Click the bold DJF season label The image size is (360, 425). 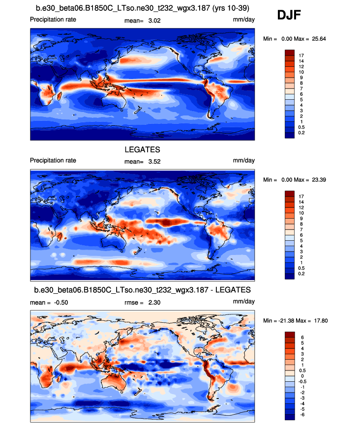tap(290, 16)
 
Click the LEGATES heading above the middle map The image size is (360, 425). tap(143, 149)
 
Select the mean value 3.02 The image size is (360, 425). tap(154, 21)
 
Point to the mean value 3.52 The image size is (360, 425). tap(154, 161)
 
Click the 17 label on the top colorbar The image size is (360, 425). tap(301, 55)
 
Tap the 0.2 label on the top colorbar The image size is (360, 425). tap(301, 133)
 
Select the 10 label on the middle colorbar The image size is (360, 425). tap(301, 213)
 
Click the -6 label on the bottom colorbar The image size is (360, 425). tap(302, 415)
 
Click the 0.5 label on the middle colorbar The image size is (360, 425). tap(301, 268)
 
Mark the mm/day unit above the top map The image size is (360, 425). tap(243, 21)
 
